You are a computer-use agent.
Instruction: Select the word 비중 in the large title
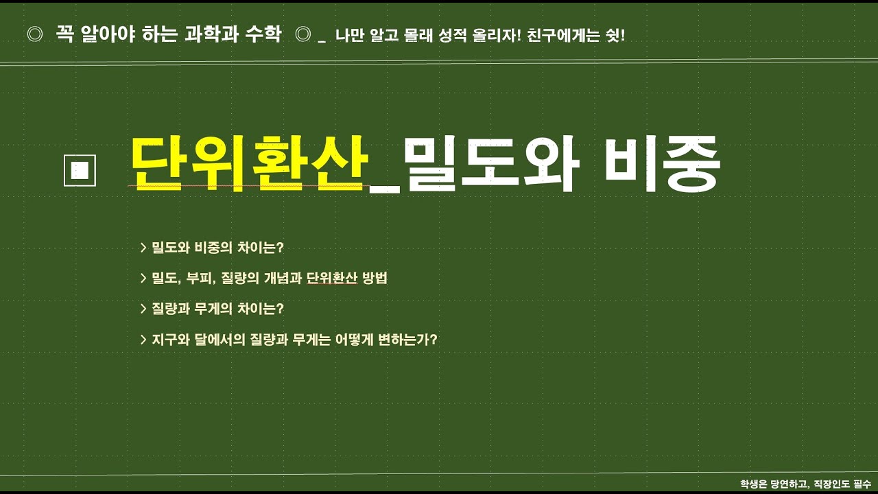click(663, 165)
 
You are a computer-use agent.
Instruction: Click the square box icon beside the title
click(80, 171)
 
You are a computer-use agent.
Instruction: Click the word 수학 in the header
click(263, 35)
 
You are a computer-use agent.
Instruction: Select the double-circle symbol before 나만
click(302, 35)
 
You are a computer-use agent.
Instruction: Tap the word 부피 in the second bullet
click(200, 279)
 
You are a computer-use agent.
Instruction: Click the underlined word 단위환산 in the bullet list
click(332, 279)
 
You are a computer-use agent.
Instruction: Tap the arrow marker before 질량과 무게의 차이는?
click(143, 309)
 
